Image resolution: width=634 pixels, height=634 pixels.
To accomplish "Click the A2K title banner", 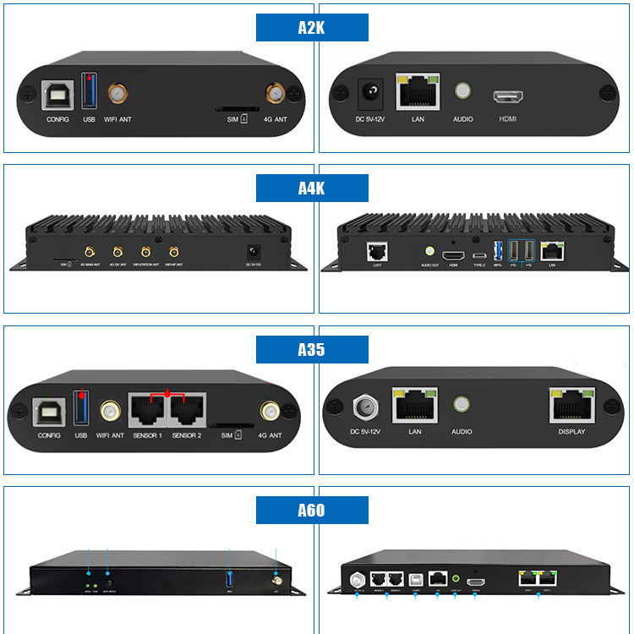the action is click(x=312, y=28).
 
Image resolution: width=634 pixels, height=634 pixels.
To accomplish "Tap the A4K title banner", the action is click(x=312, y=188).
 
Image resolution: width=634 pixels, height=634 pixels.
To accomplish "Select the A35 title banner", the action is click(x=312, y=349).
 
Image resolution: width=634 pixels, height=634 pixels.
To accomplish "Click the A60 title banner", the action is click(x=312, y=511).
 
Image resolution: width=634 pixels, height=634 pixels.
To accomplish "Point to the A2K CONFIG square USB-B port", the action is click(x=57, y=93).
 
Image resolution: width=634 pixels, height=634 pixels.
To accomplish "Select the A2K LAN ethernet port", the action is click(x=418, y=91).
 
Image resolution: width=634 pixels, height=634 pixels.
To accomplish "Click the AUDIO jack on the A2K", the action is click(x=462, y=91).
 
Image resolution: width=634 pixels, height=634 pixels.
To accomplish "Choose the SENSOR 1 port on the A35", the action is click(x=148, y=411).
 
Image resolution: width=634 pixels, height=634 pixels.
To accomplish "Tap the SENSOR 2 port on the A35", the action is click(x=187, y=411).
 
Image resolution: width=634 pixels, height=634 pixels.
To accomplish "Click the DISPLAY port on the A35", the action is click(x=571, y=406).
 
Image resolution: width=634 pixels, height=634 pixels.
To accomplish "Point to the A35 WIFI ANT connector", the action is click(x=110, y=412).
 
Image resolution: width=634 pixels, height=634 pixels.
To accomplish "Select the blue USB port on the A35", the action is click(x=82, y=408).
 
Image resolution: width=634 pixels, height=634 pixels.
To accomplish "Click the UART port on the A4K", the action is click(x=376, y=251).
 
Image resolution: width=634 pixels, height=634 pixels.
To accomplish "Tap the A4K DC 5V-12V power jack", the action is click(x=252, y=251).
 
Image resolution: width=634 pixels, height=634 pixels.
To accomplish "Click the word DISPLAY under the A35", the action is click(x=571, y=432).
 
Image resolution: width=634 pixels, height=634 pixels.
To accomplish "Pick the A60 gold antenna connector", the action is click(x=276, y=581).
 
